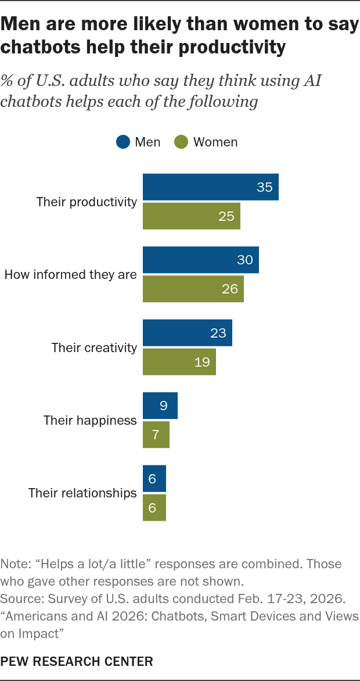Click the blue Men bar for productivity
coord(211,187)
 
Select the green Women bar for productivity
coord(192,216)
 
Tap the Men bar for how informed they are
coord(201,260)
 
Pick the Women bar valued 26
coord(193,289)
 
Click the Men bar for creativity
coord(188,333)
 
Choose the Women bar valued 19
coord(179,362)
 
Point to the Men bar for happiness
coord(160,406)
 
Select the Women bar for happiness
coord(156,434)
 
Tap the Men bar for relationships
coord(154,479)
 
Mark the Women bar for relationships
coord(154,507)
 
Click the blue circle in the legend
coord(123,142)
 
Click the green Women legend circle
coord(181,142)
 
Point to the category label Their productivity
coord(87,202)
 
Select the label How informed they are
coord(70,274)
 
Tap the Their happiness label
coord(91,421)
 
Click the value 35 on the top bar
coord(264,187)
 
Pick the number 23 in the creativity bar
coord(218,333)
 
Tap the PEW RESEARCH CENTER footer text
coord(77,661)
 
